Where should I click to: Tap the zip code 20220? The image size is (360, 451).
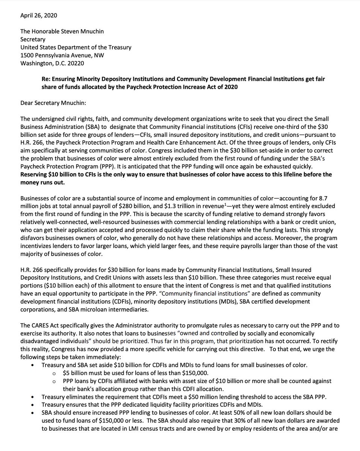pos(76,63)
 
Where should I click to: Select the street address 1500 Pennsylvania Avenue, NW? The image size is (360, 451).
pos(62,55)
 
